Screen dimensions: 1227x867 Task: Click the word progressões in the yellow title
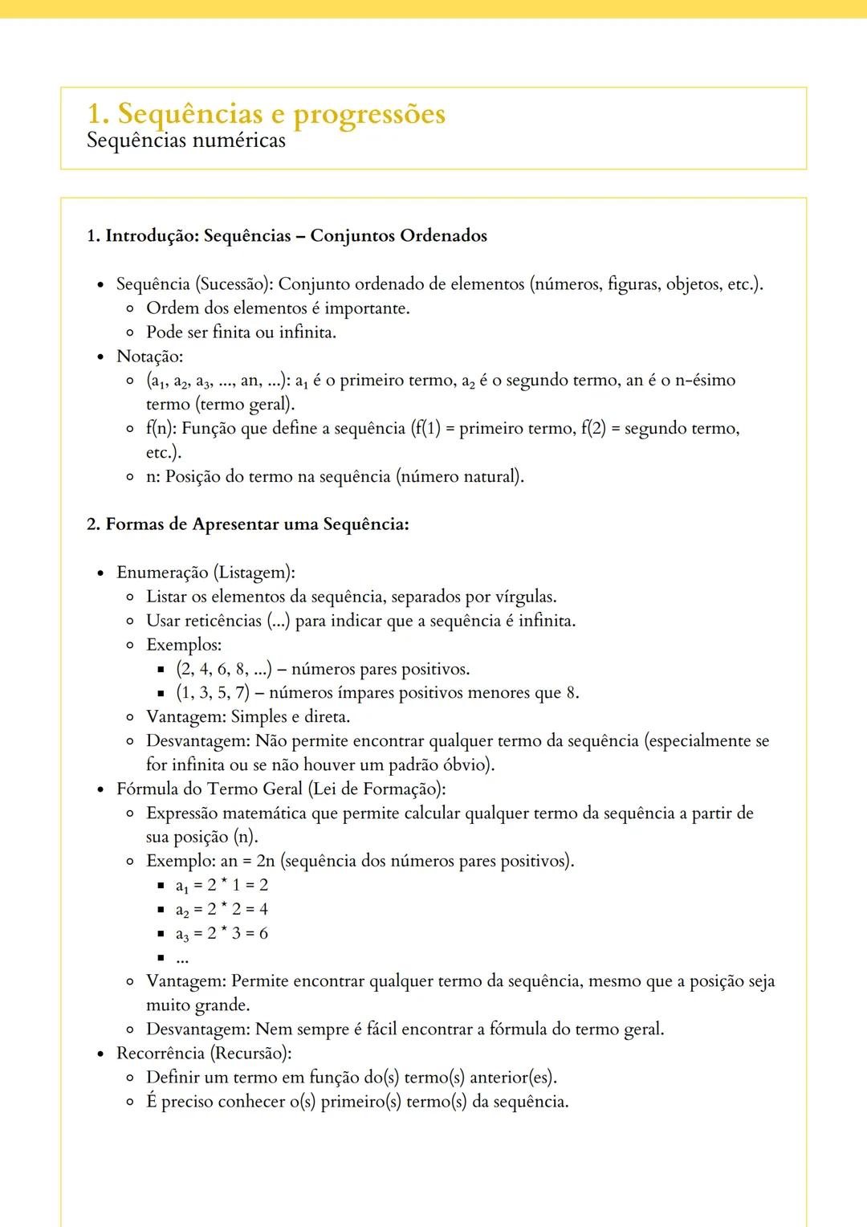pos(368,114)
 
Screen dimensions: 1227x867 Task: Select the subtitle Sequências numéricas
pos(185,141)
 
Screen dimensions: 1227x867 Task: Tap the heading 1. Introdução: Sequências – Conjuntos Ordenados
pos(287,236)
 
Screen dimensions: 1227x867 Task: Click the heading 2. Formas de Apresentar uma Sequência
pos(247,524)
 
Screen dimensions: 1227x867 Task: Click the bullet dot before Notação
pos(100,357)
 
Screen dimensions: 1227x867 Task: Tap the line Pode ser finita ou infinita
pos(241,332)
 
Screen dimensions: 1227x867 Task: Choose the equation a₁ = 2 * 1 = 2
pos(222,885)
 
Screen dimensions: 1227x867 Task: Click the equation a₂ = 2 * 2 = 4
pos(222,909)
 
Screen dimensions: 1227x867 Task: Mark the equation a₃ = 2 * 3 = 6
pos(222,933)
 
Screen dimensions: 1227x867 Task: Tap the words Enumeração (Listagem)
pos(206,573)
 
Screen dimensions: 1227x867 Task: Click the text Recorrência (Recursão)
pos(204,1053)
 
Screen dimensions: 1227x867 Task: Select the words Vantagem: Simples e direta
pos(248,716)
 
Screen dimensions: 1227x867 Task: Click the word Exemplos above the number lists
pos(183,645)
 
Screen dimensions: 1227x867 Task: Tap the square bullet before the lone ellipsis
pos(161,957)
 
